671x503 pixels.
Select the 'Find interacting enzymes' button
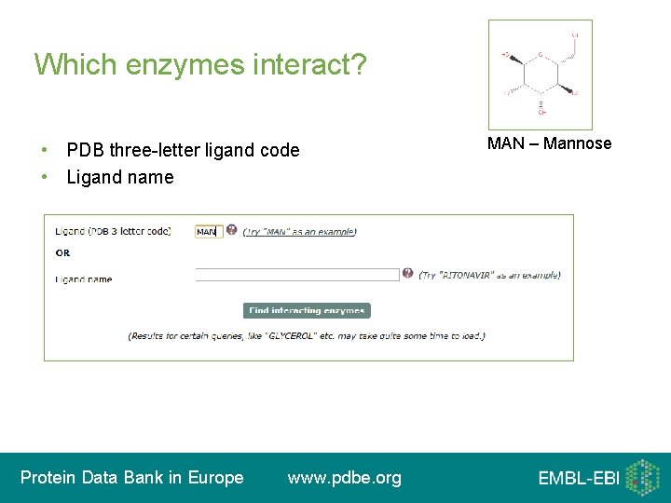tap(307, 311)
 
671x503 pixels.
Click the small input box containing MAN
tap(208, 231)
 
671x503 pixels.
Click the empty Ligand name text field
tap(296, 275)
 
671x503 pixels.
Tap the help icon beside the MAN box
tap(231, 230)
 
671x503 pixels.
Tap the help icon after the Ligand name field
tap(407, 274)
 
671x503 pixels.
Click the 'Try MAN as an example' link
tap(299, 232)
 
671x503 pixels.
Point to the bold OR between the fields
tap(62, 252)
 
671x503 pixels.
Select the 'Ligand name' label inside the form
tap(83, 279)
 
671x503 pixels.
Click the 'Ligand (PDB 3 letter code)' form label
tap(113, 231)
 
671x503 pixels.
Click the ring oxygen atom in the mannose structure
tap(539, 56)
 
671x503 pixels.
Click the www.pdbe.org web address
tap(345, 478)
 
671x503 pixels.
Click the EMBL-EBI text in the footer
tap(578, 479)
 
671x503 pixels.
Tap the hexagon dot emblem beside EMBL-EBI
tap(642, 477)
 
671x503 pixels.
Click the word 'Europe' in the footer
tap(214, 478)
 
